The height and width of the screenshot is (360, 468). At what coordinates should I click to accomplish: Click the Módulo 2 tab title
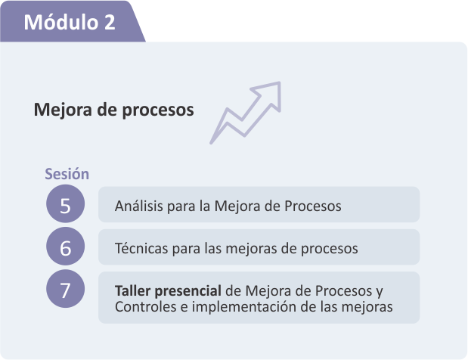70,22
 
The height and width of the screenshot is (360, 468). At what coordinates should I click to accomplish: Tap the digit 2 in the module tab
110,22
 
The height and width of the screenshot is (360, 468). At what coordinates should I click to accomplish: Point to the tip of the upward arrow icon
280,82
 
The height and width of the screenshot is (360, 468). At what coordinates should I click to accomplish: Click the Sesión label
67,174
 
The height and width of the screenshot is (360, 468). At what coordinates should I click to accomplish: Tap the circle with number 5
65,204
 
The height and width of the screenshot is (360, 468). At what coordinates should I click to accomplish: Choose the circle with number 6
65,247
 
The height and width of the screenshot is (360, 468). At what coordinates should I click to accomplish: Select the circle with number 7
65,289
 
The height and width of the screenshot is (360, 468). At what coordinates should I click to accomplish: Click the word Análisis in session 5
139,206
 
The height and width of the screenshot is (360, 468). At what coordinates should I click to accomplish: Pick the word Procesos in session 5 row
313,206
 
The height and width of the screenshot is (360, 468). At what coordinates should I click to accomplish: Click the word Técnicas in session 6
141,248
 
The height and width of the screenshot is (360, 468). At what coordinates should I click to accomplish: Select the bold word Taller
132,290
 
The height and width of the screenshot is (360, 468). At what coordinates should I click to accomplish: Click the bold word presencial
188,291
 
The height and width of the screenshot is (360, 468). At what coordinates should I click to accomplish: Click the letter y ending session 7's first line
380,292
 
